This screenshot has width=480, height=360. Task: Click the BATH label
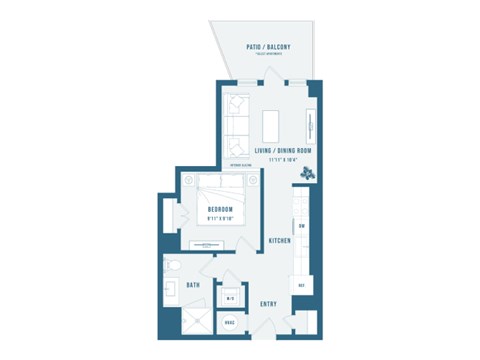[x=194, y=285]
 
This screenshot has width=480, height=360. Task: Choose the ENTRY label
[x=268, y=303]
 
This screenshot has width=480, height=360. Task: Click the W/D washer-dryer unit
[x=229, y=297]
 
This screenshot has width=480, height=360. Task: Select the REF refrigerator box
[x=300, y=286]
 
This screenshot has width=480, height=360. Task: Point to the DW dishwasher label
[x=301, y=226]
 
